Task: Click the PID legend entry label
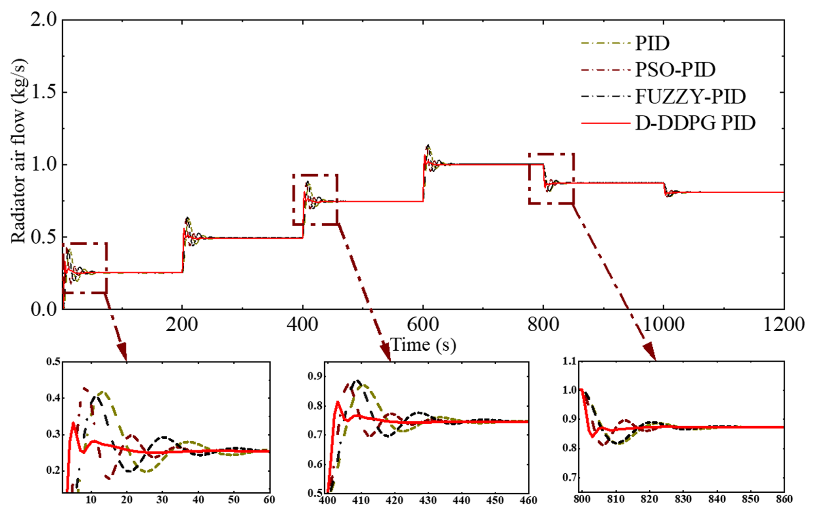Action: tap(652, 44)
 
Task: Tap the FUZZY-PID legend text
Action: tap(690, 97)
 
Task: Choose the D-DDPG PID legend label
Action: tap(695, 123)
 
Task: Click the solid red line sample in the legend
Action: tap(606, 123)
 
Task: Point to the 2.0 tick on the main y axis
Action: tap(44, 20)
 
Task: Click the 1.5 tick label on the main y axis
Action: tap(44, 92)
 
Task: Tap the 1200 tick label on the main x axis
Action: tap(784, 325)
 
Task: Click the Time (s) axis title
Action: tap(423, 345)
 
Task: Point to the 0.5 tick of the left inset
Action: tap(53, 362)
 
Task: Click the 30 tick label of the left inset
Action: tap(162, 500)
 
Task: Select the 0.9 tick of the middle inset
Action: tap(315, 376)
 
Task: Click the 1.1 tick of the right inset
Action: tap(569, 361)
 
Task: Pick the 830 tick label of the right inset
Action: tap(683, 499)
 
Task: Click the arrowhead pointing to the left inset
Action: tap(122, 352)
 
